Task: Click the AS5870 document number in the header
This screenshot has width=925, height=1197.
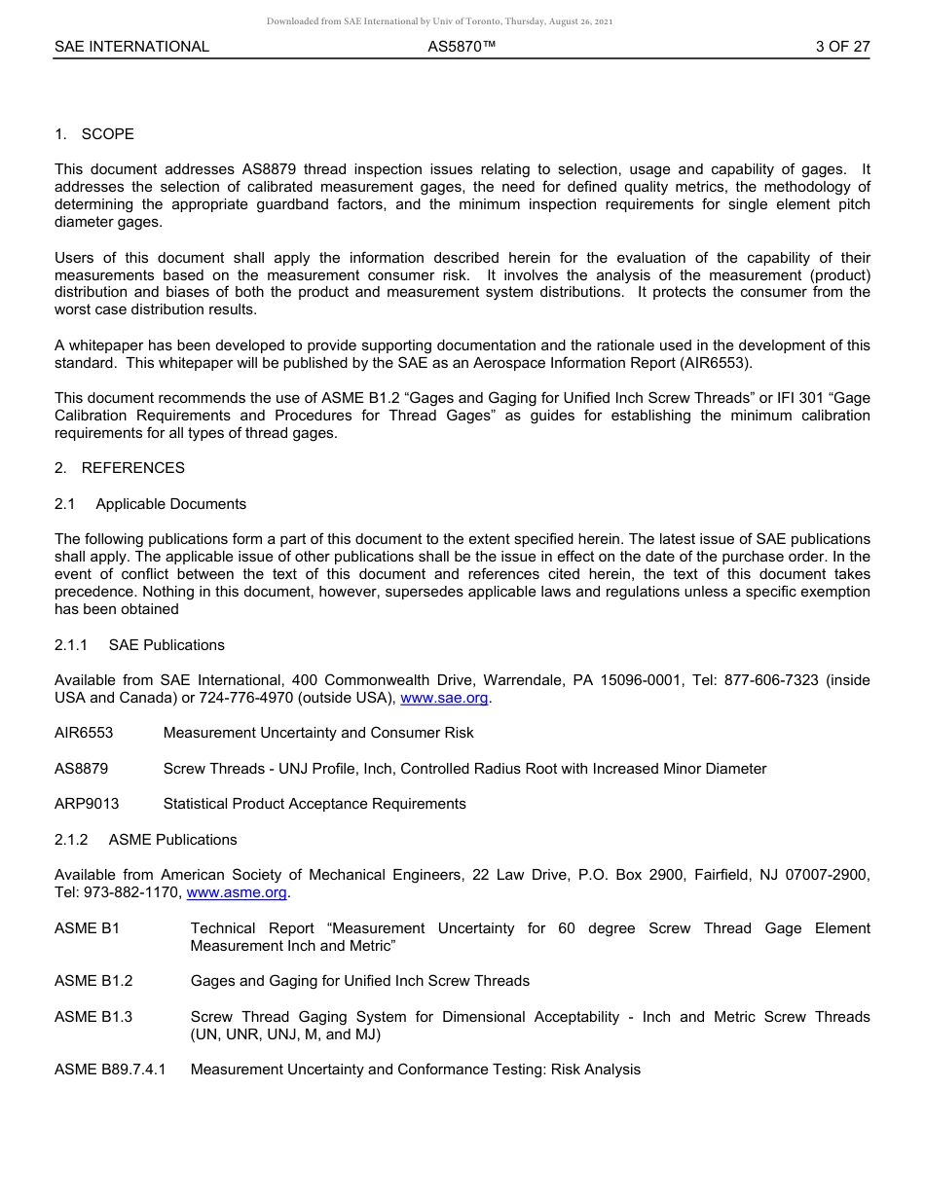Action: pos(462,47)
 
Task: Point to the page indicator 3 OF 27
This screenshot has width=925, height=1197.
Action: pos(842,47)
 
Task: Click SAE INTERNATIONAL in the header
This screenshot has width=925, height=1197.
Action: pos(131,47)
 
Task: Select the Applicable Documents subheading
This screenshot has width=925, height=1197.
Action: pos(170,504)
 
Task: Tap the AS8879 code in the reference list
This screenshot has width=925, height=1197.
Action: pos(81,769)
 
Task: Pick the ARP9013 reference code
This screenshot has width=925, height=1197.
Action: pos(87,804)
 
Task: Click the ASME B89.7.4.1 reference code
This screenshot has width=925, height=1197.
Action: pos(110,1070)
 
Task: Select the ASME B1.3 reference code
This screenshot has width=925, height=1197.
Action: pos(93,1017)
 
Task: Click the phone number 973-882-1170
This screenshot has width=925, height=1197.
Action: pos(131,892)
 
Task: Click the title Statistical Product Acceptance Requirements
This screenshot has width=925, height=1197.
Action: pos(314,804)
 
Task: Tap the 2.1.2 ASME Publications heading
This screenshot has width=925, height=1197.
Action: pos(146,840)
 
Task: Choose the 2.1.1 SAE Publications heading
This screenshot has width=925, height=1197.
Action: pos(139,645)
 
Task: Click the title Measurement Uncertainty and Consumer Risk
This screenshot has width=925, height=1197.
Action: pos(318,733)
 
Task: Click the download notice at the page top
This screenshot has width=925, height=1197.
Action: pos(440,21)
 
